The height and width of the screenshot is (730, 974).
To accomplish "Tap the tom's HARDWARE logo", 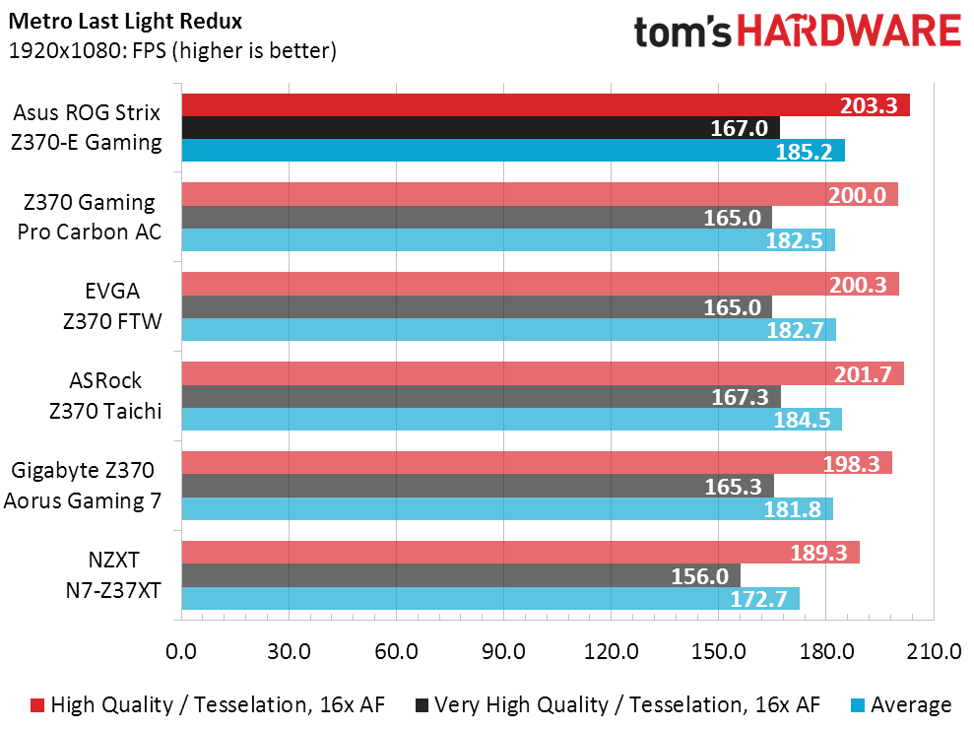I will (x=797, y=32).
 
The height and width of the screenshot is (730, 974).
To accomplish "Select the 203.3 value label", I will (x=869, y=105).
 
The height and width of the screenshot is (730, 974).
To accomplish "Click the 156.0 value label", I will (x=699, y=575).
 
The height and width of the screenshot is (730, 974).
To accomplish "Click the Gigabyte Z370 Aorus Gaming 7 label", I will (x=83, y=486).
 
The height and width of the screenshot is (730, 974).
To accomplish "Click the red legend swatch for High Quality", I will (x=37, y=705).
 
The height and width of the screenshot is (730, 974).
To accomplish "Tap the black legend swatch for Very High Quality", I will (x=422, y=705).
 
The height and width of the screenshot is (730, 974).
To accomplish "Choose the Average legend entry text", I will (x=911, y=705).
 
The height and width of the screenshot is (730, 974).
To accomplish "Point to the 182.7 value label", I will (x=796, y=330).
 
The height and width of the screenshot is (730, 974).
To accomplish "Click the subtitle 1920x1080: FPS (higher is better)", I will (x=172, y=50).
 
